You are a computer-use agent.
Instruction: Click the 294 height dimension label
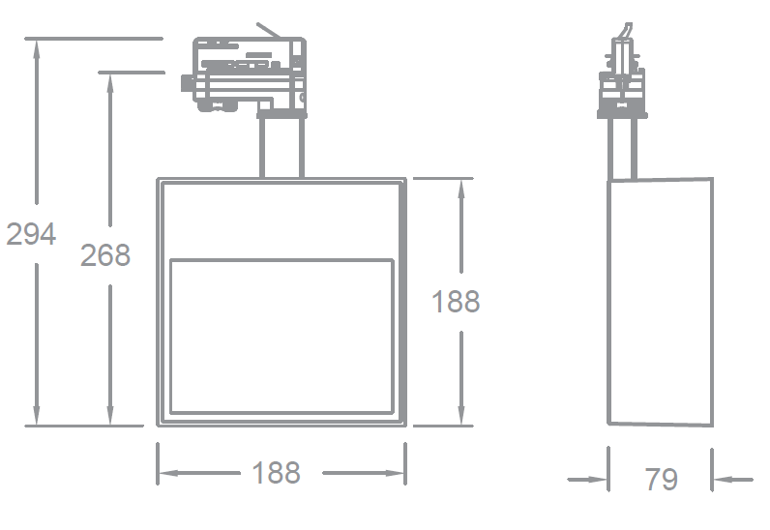31,234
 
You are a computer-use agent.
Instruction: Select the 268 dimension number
105,255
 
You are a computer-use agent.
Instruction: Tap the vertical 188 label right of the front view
456,302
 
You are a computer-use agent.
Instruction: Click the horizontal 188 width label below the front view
277,473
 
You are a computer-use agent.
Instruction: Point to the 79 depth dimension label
662,479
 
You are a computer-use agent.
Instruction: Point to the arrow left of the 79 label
599,478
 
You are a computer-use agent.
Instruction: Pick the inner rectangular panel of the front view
281,336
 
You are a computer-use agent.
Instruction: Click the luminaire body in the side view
660,302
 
